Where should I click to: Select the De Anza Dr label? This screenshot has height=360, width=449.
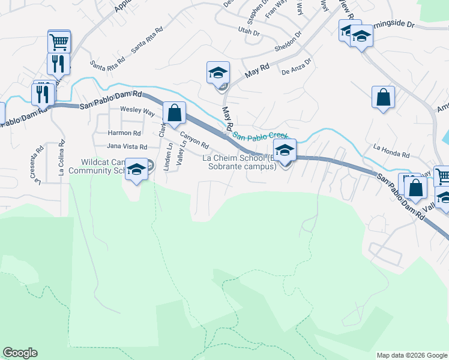297,66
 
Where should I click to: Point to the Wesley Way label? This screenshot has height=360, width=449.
137,111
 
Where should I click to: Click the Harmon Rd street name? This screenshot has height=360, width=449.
124,133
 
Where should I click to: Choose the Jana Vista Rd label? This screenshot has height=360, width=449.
127,146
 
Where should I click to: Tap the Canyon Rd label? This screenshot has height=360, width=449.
194,141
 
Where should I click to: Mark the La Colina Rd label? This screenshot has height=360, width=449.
61,158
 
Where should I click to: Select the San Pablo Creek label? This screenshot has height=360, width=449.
260,136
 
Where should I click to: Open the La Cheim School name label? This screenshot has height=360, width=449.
239,162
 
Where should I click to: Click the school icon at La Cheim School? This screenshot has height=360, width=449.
285,150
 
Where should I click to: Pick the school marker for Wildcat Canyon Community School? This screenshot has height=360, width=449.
137,170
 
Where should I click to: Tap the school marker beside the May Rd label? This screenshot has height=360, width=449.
217,73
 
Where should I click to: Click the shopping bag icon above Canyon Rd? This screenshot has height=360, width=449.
173,112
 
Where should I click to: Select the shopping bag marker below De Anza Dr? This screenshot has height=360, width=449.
383,97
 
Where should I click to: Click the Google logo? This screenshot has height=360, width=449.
20,353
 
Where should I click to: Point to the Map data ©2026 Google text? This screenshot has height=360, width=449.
411,355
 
